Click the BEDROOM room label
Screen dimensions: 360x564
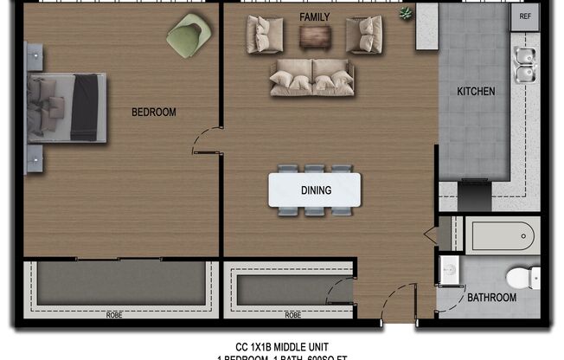[154, 112]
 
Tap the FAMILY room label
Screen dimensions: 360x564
[315, 17]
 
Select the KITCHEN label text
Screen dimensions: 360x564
[476, 91]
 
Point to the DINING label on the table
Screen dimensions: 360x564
[315, 190]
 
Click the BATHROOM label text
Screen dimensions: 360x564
[492, 298]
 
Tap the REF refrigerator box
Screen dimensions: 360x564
[525, 16]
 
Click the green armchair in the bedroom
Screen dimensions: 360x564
[188, 36]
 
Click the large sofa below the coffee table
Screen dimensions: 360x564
[312, 77]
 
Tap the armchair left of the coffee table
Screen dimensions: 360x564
[265, 35]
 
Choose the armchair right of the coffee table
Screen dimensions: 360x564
[364, 35]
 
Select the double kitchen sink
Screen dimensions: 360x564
[523, 65]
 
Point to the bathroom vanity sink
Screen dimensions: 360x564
[448, 270]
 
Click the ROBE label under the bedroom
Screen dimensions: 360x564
[113, 315]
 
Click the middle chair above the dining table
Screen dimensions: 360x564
[314, 169]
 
